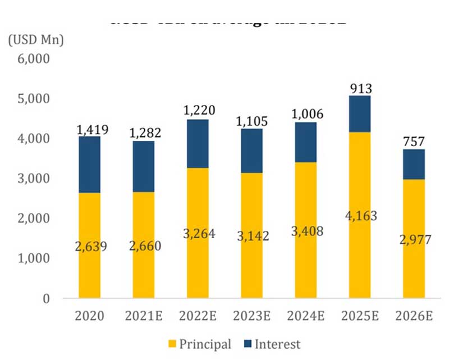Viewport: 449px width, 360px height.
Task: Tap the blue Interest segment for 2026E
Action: [x=414, y=164]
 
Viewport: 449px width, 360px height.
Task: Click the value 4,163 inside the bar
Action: [x=359, y=216]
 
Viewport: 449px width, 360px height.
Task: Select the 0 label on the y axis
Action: [x=47, y=298]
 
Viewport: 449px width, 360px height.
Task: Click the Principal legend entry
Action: [x=205, y=344]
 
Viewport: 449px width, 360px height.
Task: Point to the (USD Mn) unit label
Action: [x=36, y=40]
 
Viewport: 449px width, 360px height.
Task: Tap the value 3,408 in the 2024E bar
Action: [x=306, y=230]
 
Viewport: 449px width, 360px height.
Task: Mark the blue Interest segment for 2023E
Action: [x=251, y=151]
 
